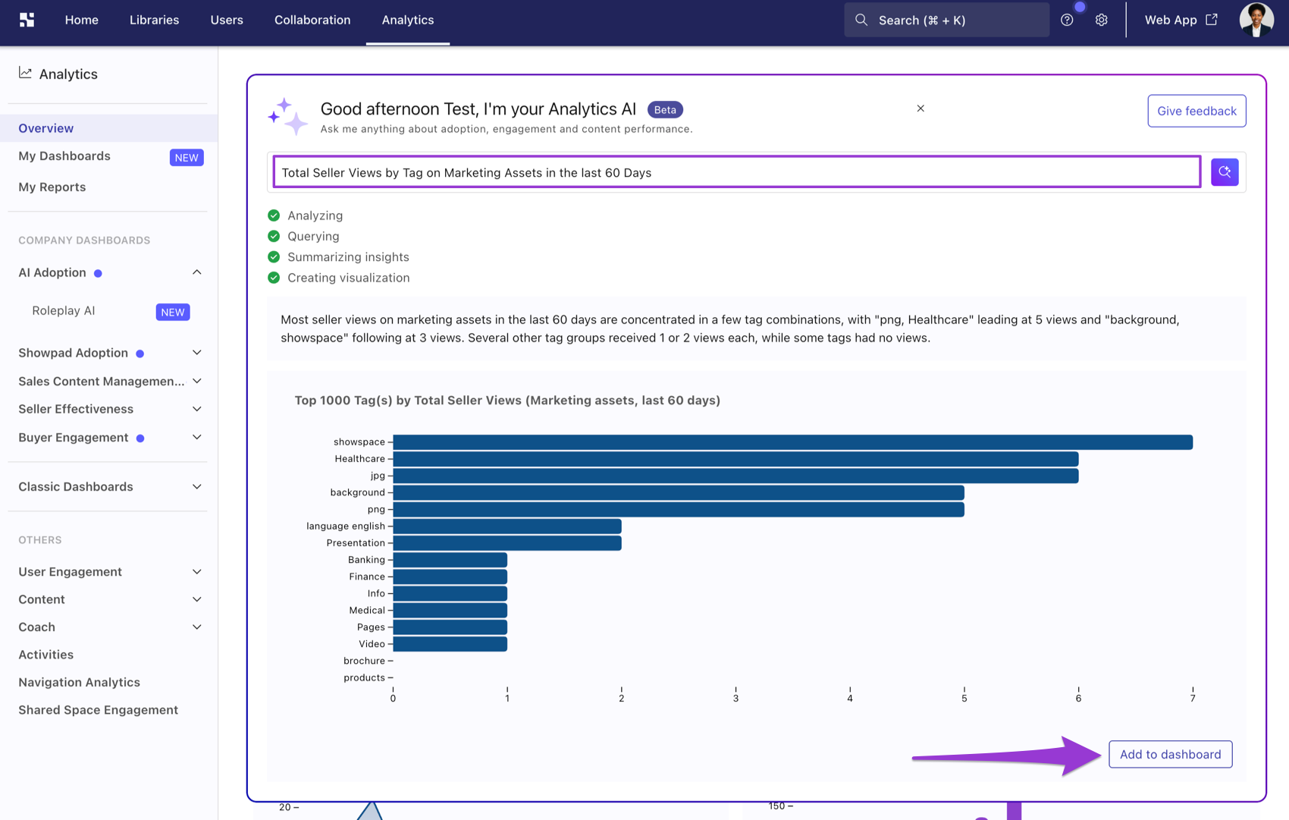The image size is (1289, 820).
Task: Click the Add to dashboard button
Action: click(1171, 754)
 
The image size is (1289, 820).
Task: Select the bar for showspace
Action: click(792, 441)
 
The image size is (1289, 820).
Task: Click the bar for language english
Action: click(507, 526)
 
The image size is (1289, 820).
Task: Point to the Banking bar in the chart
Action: click(450, 560)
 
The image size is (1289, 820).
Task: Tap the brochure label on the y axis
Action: click(364, 661)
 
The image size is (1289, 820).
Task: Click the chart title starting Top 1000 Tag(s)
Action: click(507, 401)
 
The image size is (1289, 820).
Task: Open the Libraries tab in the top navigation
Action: click(154, 20)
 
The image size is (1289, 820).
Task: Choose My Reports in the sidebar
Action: click(52, 187)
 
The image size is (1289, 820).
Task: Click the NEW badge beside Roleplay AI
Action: click(173, 312)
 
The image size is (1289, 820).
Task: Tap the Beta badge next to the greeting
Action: click(665, 109)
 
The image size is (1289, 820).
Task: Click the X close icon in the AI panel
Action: click(920, 108)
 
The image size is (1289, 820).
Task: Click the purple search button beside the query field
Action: click(1224, 171)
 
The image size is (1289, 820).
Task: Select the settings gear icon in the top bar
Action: click(1101, 20)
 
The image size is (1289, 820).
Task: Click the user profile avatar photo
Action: click(1256, 20)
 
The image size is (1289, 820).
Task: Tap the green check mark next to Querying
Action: click(274, 236)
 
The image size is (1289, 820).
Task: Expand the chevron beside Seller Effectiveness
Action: click(197, 409)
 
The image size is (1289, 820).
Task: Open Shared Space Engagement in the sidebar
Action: click(99, 709)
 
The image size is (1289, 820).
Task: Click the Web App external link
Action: click(1181, 20)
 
